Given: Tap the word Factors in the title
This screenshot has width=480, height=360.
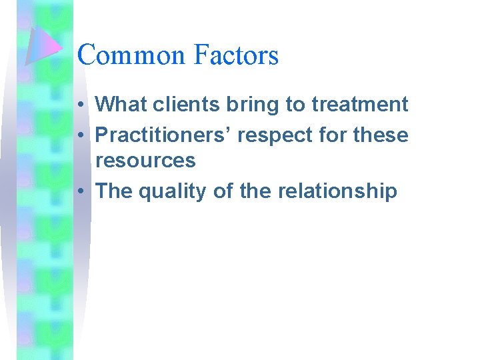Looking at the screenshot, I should point(236,55).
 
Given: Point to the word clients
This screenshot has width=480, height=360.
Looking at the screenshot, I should point(177,105).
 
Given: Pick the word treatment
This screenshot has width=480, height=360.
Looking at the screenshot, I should point(359,105).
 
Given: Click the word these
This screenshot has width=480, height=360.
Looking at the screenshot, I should point(379,135).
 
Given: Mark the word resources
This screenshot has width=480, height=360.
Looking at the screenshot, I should point(145,161).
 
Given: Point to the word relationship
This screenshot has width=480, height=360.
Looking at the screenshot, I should point(336,191).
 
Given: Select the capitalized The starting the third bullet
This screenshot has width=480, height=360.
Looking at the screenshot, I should point(114,191).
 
